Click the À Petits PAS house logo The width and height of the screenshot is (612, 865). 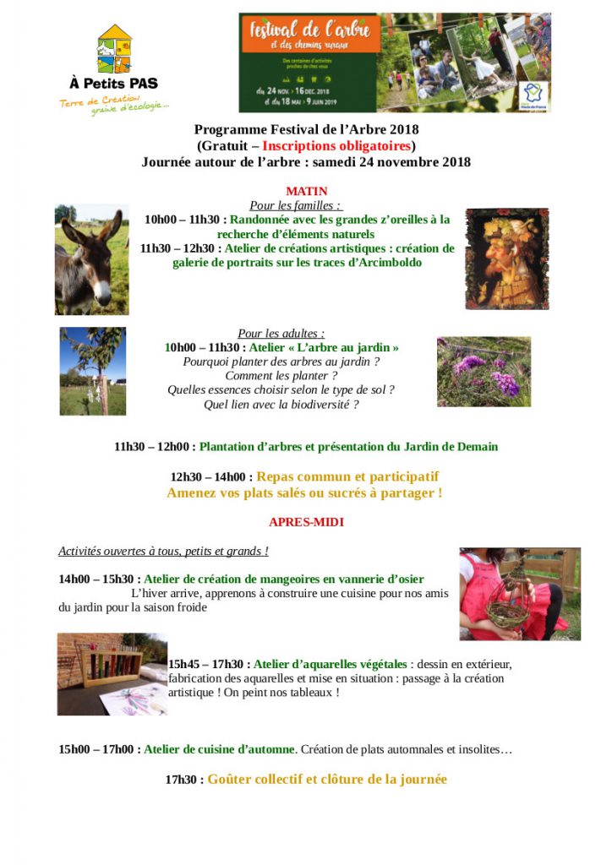pos(114,48)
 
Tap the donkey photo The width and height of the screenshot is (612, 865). pos(91,259)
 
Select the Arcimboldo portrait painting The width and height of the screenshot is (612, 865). pos(506,258)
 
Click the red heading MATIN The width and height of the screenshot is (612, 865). pos(307,192)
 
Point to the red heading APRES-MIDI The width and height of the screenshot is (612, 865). pos(306,522)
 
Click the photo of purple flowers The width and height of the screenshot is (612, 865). pos(484,372)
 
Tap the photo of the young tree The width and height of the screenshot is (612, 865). pos(92,371)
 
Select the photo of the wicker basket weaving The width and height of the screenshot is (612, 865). pos(519,593)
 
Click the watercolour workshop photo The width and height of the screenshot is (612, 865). pos(112,673)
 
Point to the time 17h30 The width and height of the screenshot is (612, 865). pos(183,780)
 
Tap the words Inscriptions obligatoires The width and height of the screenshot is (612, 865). pos(336,145)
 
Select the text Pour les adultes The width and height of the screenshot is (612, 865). pos(281,334)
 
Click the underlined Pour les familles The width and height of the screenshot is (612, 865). pos(295,205)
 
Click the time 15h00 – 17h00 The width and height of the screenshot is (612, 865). pos(98,749)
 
